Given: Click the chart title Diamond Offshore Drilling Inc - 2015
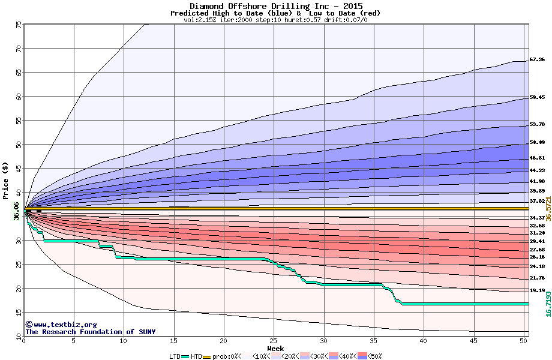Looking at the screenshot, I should point(275,5).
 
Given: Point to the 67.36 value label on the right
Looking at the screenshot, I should point(537,60).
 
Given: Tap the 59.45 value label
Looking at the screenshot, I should point(537,97).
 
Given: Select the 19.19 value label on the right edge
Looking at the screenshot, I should point(537,290).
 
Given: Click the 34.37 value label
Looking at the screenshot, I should point(537,218).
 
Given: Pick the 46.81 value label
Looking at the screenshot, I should point(537,158).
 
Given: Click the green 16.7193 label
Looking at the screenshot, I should point(548,305).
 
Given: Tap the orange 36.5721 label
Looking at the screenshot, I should point(548,209).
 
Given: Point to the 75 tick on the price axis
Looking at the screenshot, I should point(18,25).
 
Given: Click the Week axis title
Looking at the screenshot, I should point(275,349).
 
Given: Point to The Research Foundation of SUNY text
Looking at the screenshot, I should point(90,332).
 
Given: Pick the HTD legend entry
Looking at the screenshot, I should point(196,356).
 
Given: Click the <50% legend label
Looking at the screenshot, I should point(374,356).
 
